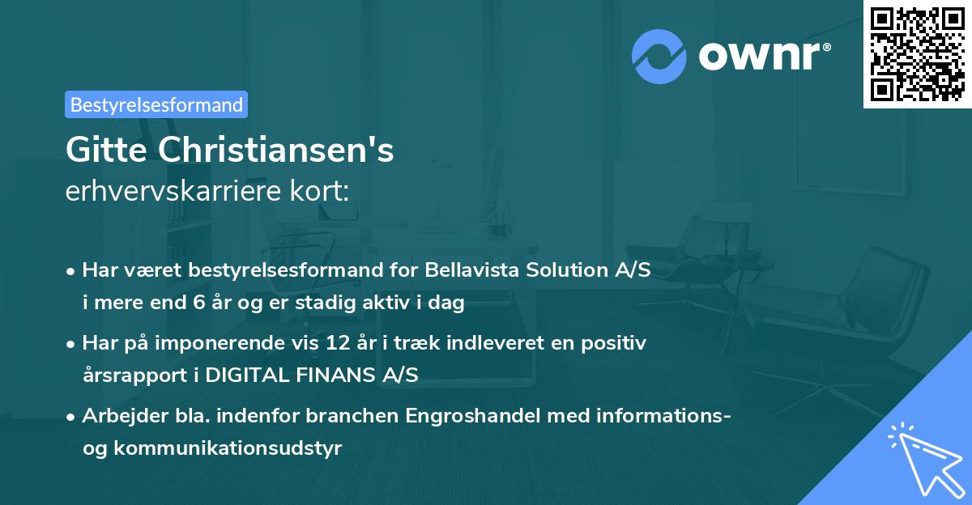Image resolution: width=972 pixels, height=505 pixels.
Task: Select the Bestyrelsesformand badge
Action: point(156,104)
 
